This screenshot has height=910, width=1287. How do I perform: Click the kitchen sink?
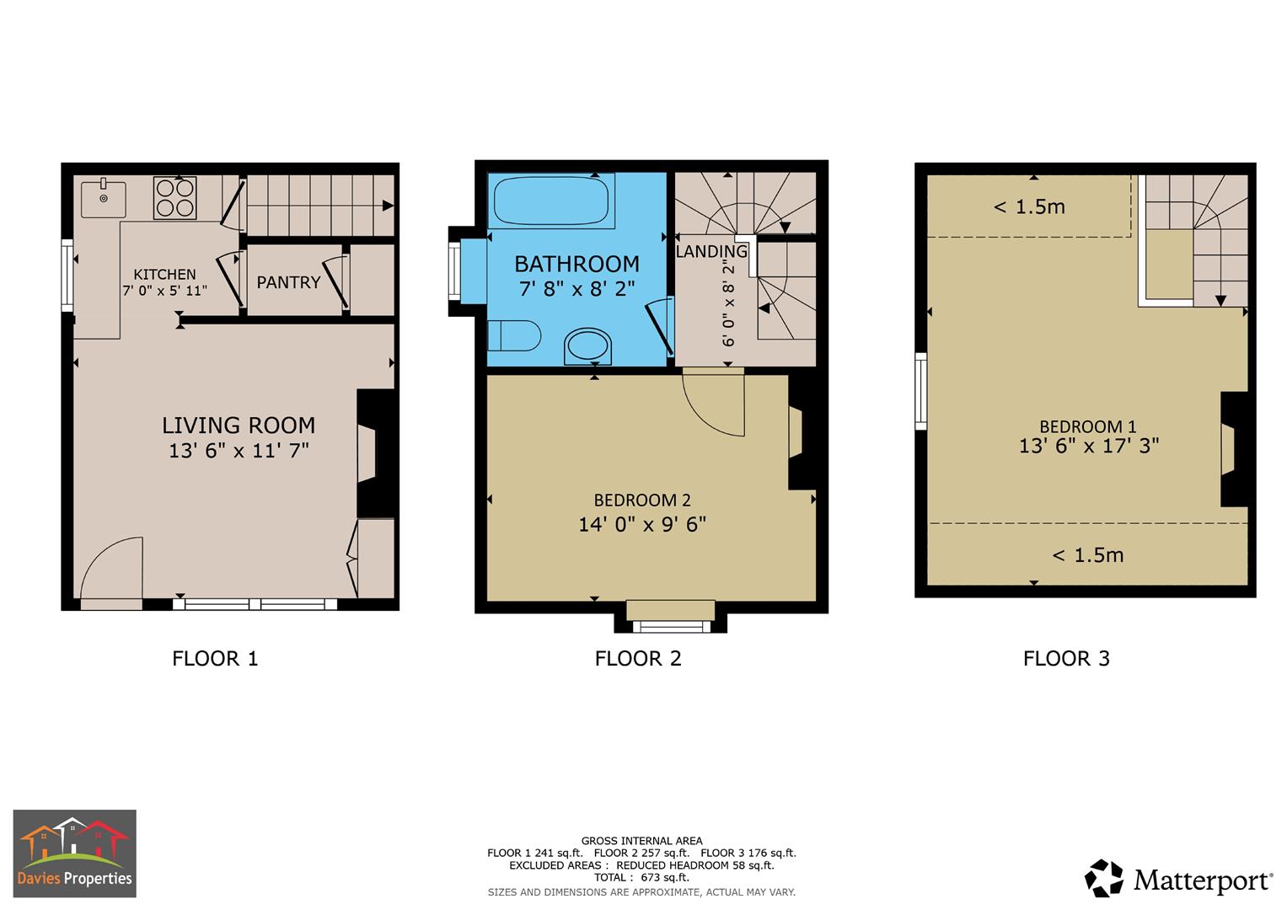[x=104, y=199]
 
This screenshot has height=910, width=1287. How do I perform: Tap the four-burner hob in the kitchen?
[x=175, y=198]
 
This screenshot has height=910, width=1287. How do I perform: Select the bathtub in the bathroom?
[x=551, y=201]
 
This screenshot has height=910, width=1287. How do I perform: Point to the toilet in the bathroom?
[x=513, y=335]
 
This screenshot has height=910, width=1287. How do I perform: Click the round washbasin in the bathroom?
[x=587, y=346]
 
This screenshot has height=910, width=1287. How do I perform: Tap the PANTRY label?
[x=288, y=282]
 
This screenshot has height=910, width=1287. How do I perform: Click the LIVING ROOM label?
[x=239, y=426]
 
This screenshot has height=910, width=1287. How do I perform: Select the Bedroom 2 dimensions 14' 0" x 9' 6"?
[x=641, y=524]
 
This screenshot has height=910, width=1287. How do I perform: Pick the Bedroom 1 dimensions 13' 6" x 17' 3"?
[x=1089, y=446]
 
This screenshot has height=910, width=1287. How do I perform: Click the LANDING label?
[x=711, y=251]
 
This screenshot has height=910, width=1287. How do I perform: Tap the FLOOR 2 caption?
[x=638, y=658]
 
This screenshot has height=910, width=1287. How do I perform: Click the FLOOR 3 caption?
[x=1066, y=658]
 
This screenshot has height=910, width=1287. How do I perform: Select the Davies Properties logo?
[x=75, y=853]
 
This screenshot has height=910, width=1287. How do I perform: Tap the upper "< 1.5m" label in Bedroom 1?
[x=1029, y=206]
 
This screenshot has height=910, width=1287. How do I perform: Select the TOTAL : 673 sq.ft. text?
[x=641, y=877]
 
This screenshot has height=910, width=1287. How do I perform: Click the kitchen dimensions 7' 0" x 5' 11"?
[x=165, y=291]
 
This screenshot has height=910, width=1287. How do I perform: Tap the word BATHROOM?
[x=576, y=265]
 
